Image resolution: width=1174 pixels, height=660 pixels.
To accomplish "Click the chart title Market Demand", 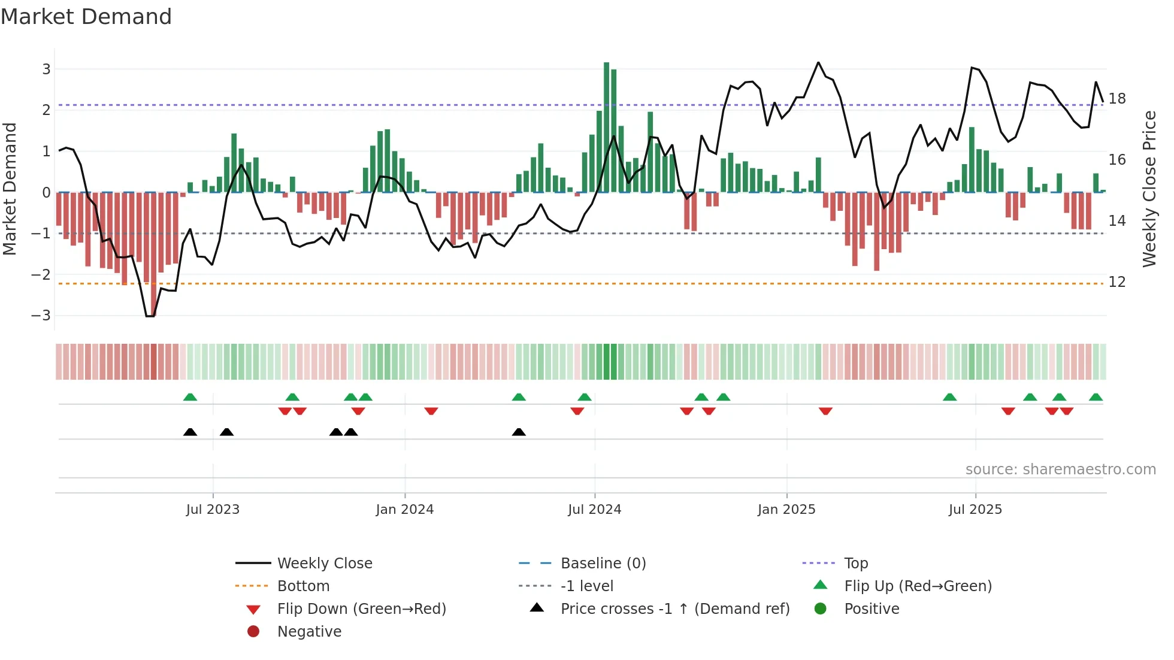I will pos(86,17).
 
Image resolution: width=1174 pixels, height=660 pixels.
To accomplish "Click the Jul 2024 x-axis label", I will pos(594,510).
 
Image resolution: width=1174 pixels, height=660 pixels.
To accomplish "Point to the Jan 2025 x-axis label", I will pos(786,510).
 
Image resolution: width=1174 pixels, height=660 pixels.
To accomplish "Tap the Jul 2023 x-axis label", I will pos(213,510).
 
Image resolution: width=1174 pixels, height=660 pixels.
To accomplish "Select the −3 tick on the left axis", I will pos(41,316).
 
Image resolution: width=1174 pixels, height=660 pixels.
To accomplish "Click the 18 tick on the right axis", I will pos(1116,98).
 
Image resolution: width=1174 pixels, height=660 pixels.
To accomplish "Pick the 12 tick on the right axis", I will pos(1116,282).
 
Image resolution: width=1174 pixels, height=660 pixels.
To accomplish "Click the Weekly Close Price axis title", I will pos(1149,189).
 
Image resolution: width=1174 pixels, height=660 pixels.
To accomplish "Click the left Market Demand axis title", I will pos(10,189).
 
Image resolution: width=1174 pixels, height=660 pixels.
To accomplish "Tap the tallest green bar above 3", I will pos(606,126).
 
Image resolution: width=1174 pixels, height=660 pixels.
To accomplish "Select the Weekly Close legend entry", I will pos(324,564).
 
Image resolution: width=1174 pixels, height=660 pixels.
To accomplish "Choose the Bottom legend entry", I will pos(303,586).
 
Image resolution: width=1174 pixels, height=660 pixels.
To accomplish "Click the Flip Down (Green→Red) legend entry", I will pos(361,609).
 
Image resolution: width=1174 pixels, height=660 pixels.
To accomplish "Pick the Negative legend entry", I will pos(309,632).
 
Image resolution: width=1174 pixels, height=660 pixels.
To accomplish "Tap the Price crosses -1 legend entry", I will pos(674,609).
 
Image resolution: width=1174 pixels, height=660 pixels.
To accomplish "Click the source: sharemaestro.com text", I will pos(1060,470).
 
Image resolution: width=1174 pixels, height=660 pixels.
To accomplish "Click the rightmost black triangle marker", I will pos(519,432).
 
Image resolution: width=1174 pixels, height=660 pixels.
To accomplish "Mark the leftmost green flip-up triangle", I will pos(190,397).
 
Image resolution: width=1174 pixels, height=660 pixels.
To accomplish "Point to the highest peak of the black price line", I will pos(818,63).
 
